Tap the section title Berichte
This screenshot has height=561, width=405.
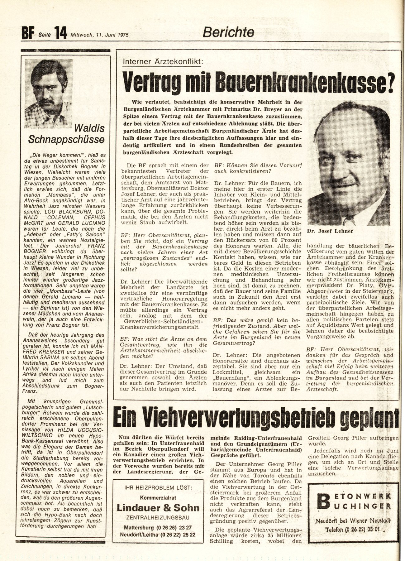(x=228, y=32)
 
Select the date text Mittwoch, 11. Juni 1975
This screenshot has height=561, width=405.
(x=100, y=35)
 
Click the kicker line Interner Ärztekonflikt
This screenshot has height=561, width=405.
(x=163, y=61)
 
